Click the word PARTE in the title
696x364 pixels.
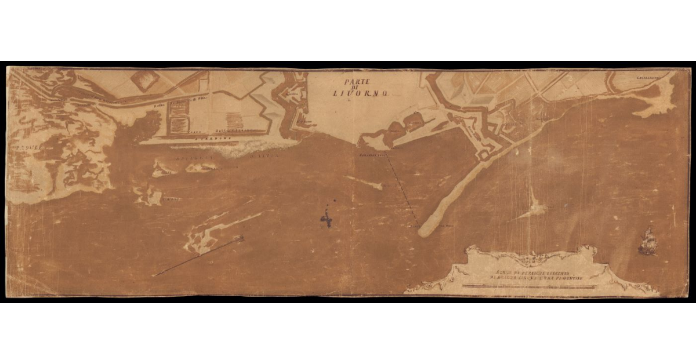(x=356, y=82)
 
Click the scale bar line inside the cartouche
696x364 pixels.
(x=528, y=286)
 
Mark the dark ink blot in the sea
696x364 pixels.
(x=327, y=219)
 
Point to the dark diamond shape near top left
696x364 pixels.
(x=144, y=81)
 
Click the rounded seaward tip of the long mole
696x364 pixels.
(x=425, y=231)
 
